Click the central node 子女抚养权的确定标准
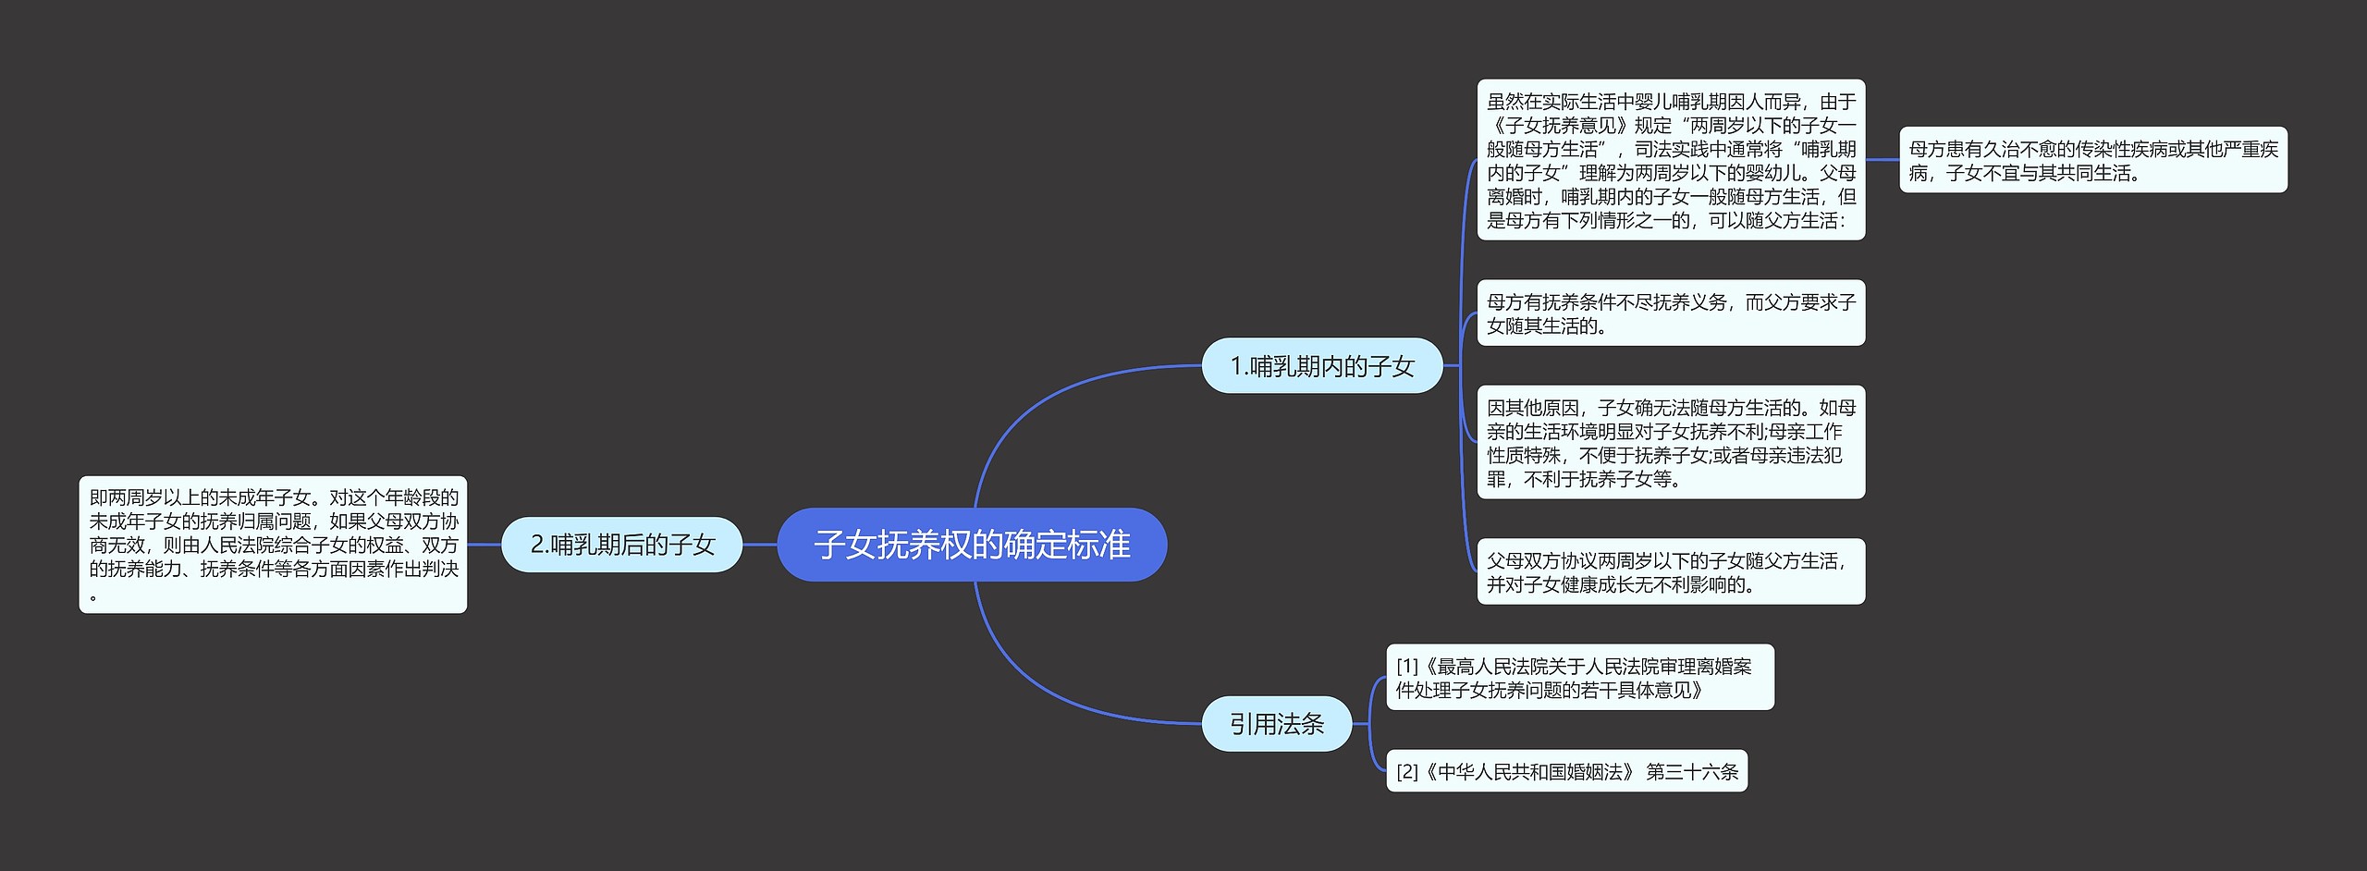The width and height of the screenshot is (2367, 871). pyautogui.click(x=972, y=545)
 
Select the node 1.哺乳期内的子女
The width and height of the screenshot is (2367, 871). pyautogui.click(x=1321, y=366)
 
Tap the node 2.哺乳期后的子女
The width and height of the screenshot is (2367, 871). pyautogui.click(x=621, y=545)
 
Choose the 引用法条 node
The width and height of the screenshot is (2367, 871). pyautogui.click(x=1276, y=724)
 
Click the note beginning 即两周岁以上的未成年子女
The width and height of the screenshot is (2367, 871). pyautogui.click(x=273, y=545)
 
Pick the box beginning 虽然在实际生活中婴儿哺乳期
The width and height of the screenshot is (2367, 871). pyautogui.click(x=1670, y=160)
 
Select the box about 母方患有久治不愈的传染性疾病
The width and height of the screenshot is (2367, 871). pyautogui.click(x=2092, y=160)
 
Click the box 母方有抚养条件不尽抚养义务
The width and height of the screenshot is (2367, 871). pyautogui.click(x=1670, y=313)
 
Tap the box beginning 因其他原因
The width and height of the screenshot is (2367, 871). pyautogui.click(x=1670, y=443)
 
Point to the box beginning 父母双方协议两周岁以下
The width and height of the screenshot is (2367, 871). pyautogui.click(x=1670, y=571)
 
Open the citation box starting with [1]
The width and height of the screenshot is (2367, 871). pyautogui.click(x=1579, y=678)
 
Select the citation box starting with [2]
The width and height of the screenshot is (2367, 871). pyautogui.click(x=1566, y=771)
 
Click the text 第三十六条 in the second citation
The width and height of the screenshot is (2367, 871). pyautogui.click(x=1692, y=771)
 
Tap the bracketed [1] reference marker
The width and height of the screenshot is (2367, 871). pyautogui.click(x=1407, y=667)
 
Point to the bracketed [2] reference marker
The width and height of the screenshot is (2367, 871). pyautogui.click(x=1407, y=771)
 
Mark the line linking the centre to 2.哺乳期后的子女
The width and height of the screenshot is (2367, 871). pyautogui.click(x=759, y=545)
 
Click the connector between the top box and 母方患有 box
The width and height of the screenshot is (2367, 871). pyautogui.click(x=1882, y=160)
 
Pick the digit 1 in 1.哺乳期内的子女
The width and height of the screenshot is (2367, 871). pyautogui.click(x=1236, y=367)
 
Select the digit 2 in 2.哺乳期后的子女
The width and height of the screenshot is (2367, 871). pyautogui.click(x=537, y=546)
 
